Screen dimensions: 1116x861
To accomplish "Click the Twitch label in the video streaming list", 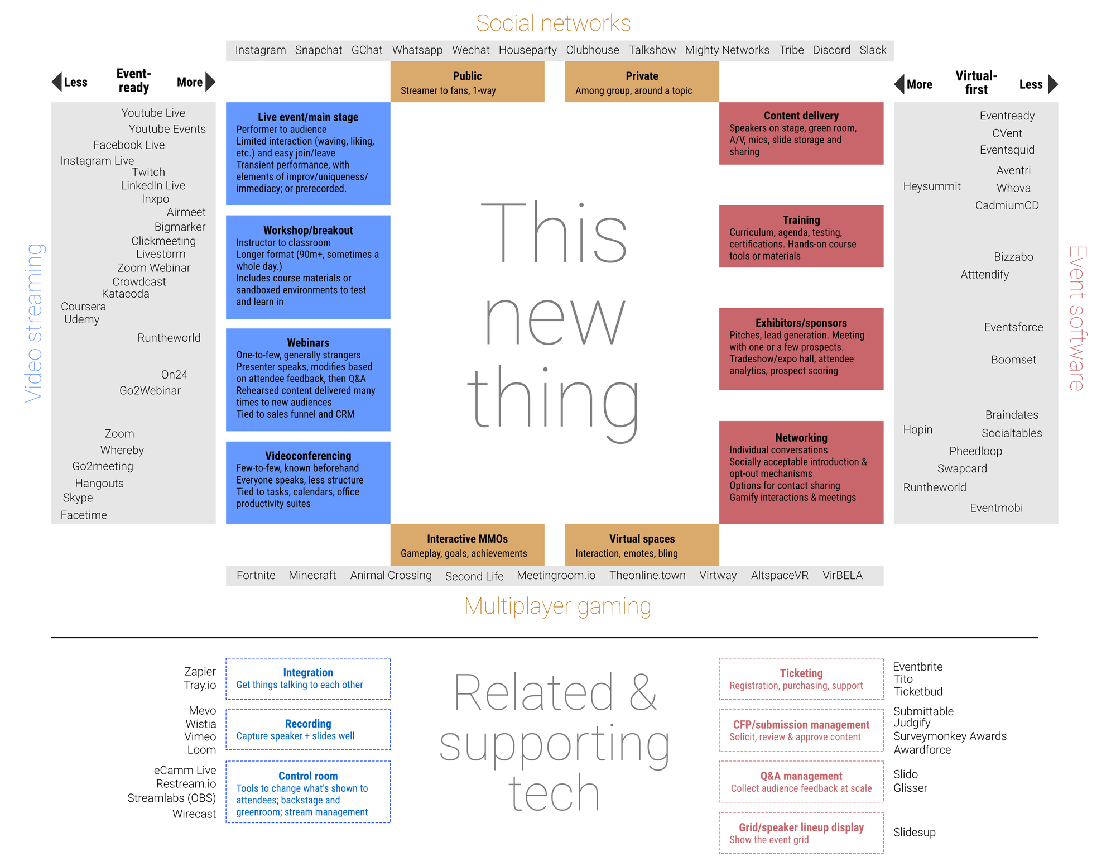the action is click(x=148, y=172).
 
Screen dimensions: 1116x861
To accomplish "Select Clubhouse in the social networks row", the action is click(x=592, y=50).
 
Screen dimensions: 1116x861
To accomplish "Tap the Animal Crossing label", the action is click(x=391, y=575).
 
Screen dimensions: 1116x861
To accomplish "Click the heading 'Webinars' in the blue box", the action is click(x=308, y=343).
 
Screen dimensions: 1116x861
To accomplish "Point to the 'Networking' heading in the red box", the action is click(x=801, y=438).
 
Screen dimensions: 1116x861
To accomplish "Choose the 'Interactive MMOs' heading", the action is click(x=467, y=539).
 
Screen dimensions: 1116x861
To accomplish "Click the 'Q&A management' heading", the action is click(x=801, y=776).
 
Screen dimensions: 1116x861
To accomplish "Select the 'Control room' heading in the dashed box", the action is click(x=308, y=776).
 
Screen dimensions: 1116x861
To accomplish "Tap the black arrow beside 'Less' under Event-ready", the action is click(x=57, y=82).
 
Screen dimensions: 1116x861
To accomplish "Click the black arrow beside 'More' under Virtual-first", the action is click(x=899, y=84).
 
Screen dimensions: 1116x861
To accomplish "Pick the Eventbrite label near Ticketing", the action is click(x=917, y=667).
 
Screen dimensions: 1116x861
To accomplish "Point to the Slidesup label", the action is click(x=914, y=832).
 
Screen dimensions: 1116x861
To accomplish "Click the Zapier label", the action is click(x=200, y=671).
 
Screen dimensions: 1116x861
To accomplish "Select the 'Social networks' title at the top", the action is click(x=553, y=23).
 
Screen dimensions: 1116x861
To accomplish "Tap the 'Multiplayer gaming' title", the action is click(x=557, y=606).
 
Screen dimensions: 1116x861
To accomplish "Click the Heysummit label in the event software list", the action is click(x=931, y=186).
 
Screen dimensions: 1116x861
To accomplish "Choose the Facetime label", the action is click(x=84, y=515).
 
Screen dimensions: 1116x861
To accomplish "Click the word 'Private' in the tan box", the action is click(x=642, y=76).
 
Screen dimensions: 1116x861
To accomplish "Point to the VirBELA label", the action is click(x=842, y=575).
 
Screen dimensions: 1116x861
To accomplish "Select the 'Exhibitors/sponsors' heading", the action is click(x=801, y=323).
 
